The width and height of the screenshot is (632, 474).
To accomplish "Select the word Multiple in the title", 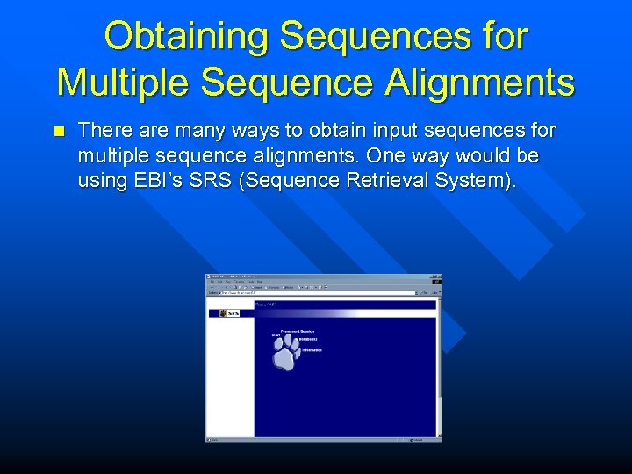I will (121, 82).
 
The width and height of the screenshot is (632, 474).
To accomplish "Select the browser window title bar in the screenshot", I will (316, 277).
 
